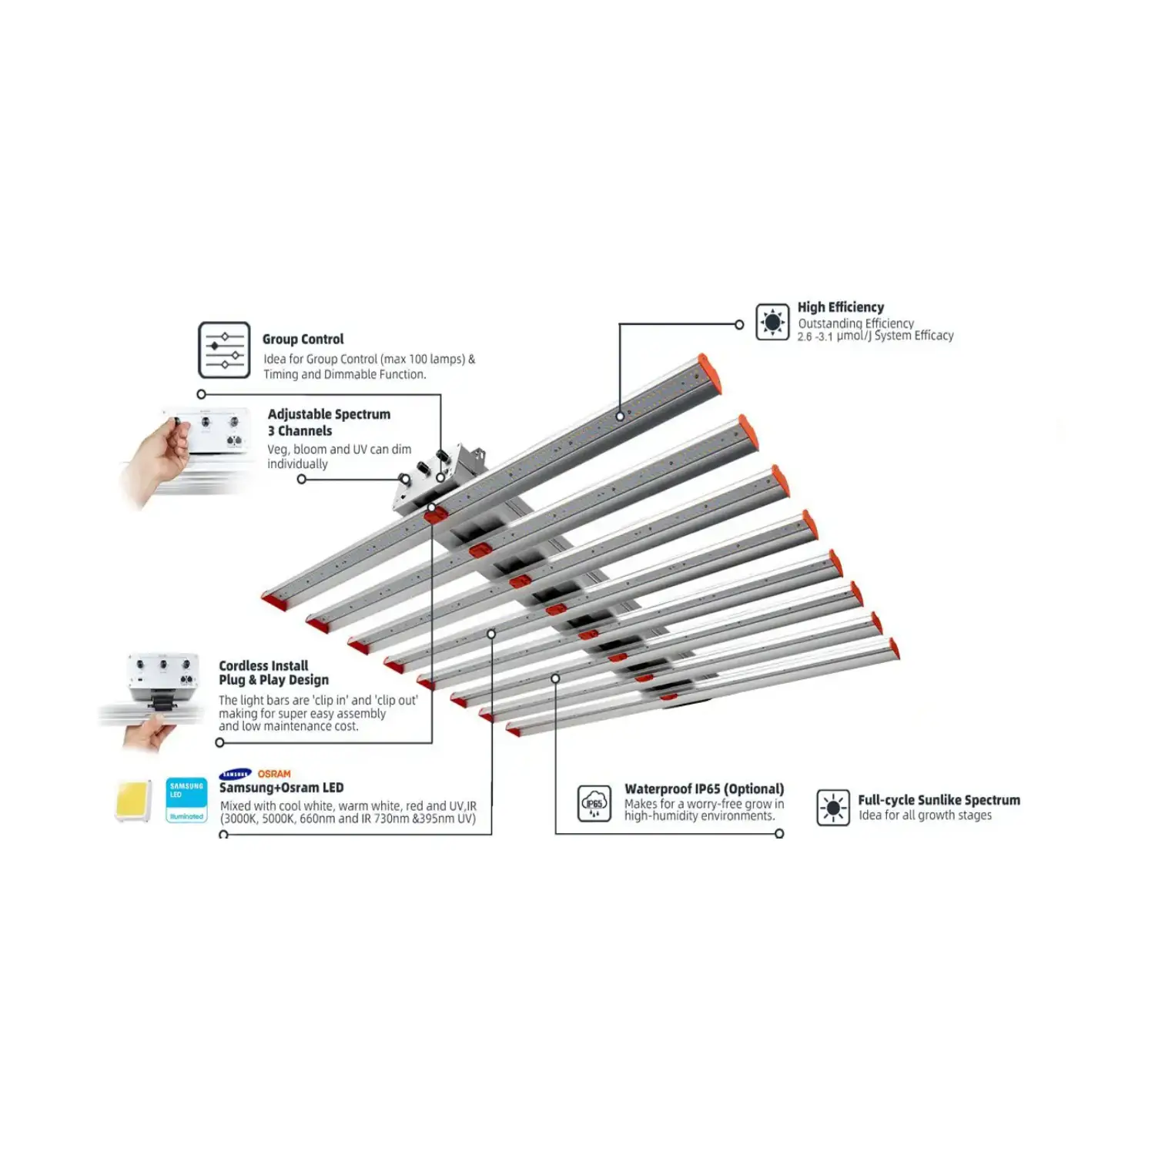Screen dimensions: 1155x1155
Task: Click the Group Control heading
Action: (x=303, y=339)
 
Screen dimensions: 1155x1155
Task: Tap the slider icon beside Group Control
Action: (x=224, y=350)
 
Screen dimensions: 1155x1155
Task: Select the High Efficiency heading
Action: (x=840, y=307)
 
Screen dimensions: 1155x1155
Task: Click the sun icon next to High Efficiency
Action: (x=772, y=322)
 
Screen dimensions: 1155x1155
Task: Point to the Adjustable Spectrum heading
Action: (x=329, y=414)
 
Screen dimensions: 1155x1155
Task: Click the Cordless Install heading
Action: (x=263, y=665)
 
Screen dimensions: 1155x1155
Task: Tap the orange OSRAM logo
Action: (x=274, y=774)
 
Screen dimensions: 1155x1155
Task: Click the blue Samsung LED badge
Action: (x=186, y=801)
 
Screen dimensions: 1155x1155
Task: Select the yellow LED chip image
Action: (x=133, y=802)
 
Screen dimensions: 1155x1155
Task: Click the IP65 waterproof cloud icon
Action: (x=594, y=804)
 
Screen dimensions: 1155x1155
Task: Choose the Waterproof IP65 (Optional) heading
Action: (x=704, y=788)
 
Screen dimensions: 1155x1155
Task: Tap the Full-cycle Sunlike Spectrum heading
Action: (x=939, y=800)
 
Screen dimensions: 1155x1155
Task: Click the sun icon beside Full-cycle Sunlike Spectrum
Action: (x=833, y=808)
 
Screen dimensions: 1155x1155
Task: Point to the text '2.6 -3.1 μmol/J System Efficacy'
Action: (x=875, y=336)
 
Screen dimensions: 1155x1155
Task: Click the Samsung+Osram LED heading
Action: (x=281, y=788)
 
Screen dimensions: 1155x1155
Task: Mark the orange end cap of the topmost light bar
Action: (x=710, y=373)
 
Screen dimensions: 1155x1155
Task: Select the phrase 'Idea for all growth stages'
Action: (x=925, y=815)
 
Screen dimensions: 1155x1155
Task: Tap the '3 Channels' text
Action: (x=300, y=431)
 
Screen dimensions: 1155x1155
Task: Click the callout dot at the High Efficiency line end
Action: (x=739, y=325)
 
